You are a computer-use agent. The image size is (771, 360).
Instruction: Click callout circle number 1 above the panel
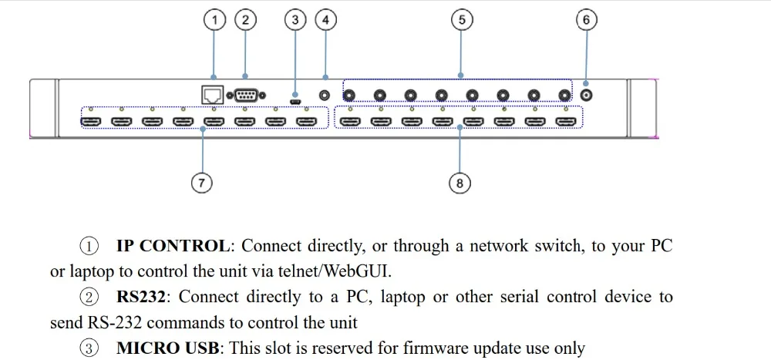[x=214, y=20]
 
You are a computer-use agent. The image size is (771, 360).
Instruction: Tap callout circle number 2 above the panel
[x=245, y=20]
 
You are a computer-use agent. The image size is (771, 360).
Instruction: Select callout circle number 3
[x=295, y=20]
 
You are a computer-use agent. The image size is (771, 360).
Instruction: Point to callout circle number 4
[x=325, y=20]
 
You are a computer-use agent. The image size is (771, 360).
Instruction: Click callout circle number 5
[x=461, y=20]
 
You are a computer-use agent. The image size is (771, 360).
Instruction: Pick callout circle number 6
[x=586, y=20]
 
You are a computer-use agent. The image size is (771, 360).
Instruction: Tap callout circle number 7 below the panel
[x=201, y=183]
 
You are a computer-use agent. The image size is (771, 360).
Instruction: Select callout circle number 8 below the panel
[x=460, y=183]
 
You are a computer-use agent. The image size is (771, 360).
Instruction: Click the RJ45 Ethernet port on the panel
[x=213, y=94]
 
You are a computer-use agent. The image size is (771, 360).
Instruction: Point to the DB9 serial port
[x=246, y=95]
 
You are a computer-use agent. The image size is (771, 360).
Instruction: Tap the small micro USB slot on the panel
[x=295, y=102]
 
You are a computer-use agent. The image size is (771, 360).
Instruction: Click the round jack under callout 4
[x=325, y=95]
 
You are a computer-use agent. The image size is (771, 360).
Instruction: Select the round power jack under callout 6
[x=586, y=94]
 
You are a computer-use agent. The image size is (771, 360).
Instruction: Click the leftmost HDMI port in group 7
[x=90, y=121]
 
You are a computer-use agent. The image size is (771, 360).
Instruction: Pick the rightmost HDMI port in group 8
[x=565, y=121]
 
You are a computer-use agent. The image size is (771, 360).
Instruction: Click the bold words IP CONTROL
[x=173, y=245]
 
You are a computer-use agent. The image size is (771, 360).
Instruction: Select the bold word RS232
[x=142, y=297]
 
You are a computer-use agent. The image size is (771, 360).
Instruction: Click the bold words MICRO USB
[x=167, y=348]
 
